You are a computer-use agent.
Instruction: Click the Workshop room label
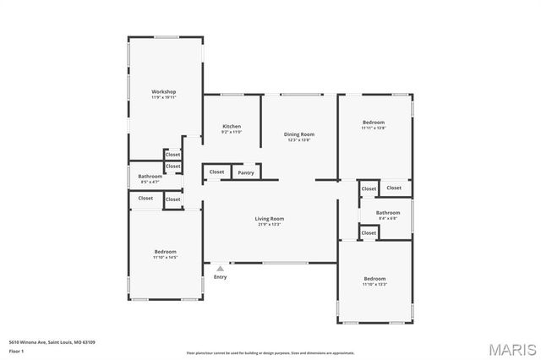[163, 91]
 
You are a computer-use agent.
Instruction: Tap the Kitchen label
[232, 126]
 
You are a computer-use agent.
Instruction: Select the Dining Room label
[298, 134]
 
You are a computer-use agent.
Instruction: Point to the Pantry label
[246, 172]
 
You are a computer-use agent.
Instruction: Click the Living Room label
[270, 219]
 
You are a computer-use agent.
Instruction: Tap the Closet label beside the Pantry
[217, 172]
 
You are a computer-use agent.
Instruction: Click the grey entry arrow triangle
[220, 269]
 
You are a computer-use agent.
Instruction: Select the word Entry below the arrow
[220, 277]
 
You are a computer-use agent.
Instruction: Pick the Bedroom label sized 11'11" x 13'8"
[374, 123]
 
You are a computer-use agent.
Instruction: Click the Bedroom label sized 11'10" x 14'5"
[165, 252]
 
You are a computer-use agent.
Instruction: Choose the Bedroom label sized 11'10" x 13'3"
[374, 279]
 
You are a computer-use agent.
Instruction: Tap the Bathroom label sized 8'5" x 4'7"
[150, 176]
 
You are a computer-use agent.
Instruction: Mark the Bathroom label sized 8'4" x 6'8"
[388, 212]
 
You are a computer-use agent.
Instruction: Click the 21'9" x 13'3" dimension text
[270, 225]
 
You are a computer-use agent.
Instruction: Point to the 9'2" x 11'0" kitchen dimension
[232, 132]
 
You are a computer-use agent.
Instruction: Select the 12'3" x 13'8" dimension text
[298, 139]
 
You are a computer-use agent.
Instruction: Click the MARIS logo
[511, 348]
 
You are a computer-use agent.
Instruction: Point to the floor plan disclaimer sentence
[270, 352]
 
